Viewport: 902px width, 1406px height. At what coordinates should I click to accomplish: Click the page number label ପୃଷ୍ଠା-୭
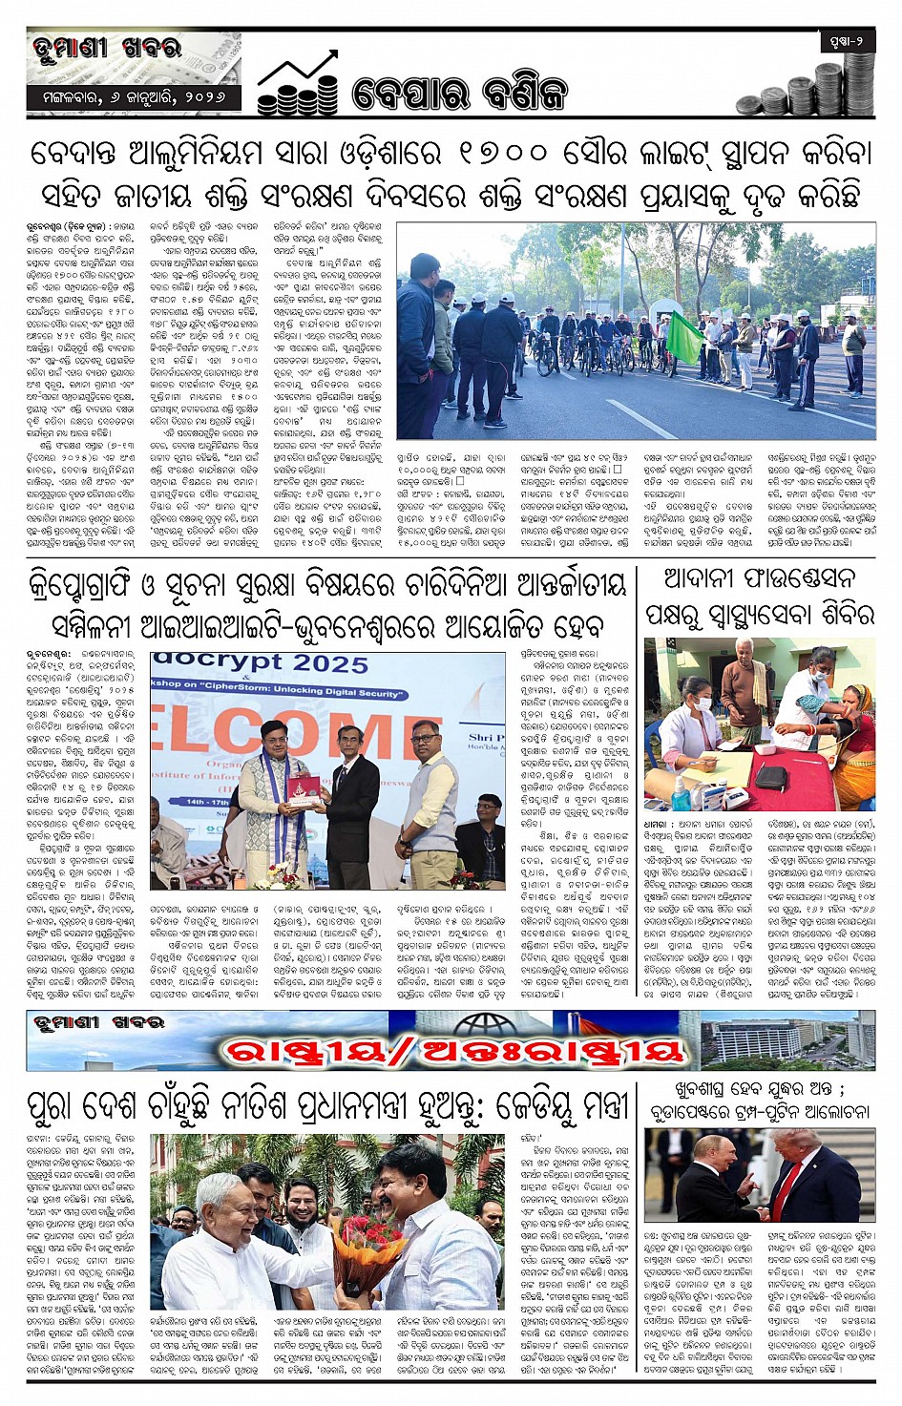(x=846, y=42)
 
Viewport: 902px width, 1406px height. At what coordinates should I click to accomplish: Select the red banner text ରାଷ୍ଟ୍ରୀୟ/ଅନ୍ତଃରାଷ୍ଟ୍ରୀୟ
(x=453, y=1051)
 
